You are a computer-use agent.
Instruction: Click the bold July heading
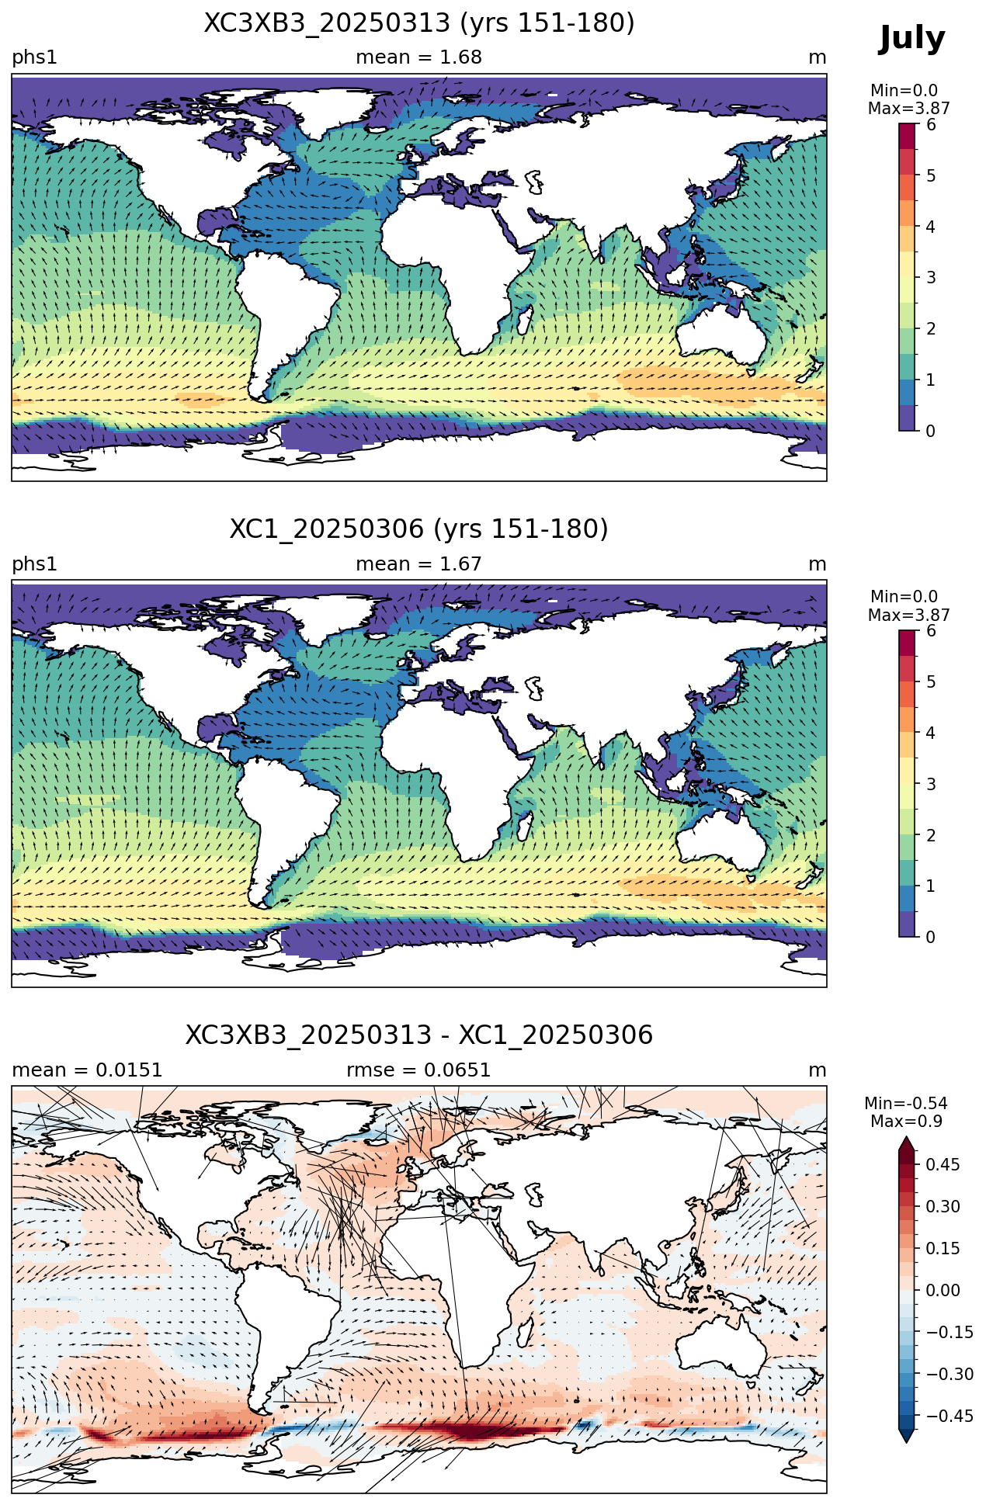click(912, 39)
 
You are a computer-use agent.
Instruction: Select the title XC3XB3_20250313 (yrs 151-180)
click(419, 23)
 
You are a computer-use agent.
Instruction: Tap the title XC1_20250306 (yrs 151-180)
click(419, 529)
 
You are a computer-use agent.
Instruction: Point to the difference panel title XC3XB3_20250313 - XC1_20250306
click(419, 1035)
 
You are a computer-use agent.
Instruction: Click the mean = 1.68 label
click(419, 57)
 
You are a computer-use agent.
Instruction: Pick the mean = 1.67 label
click(419, 564)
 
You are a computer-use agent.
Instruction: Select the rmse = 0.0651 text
click(419, 1070)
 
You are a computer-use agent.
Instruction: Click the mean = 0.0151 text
click(87, 1070)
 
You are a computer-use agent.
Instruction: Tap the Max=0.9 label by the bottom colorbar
click(906, 1122)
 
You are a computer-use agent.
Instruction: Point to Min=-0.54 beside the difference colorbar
click(906, 1104)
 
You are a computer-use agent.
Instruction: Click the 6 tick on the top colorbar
click(931, 125)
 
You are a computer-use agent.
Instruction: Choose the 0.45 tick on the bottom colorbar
click(943, 1165)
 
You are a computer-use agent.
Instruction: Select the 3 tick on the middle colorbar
click(931, 784)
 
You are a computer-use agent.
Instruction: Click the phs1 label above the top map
click(34, 58)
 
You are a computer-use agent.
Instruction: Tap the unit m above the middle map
click(818, 564)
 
